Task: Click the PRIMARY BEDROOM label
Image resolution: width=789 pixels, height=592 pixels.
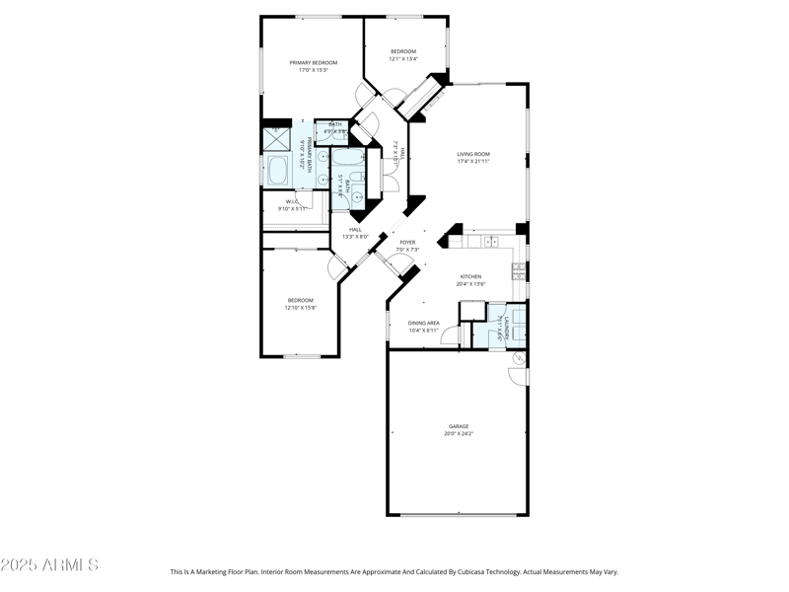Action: (313, 62)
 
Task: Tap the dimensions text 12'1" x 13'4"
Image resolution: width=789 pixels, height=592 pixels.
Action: (403, 59)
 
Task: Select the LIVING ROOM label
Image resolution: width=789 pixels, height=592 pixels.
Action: (473, 154)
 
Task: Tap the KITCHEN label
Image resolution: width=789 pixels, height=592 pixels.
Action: (470, 276)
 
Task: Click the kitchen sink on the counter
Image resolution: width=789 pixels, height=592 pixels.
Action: (490, 241)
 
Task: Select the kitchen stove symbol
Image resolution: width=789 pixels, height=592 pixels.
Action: (519, 267)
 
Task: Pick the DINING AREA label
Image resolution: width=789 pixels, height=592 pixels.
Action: (424, 323)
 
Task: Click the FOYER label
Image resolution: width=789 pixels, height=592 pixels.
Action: (407, 242)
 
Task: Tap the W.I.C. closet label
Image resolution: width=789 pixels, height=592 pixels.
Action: (292, 201)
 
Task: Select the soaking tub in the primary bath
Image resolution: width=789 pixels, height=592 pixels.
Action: (279, 174)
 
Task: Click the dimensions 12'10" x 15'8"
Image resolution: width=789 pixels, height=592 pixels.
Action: (300, 308)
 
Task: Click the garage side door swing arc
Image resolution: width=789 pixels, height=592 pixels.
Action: (516, 373)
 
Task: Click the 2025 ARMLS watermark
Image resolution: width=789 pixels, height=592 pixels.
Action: (49, 565)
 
